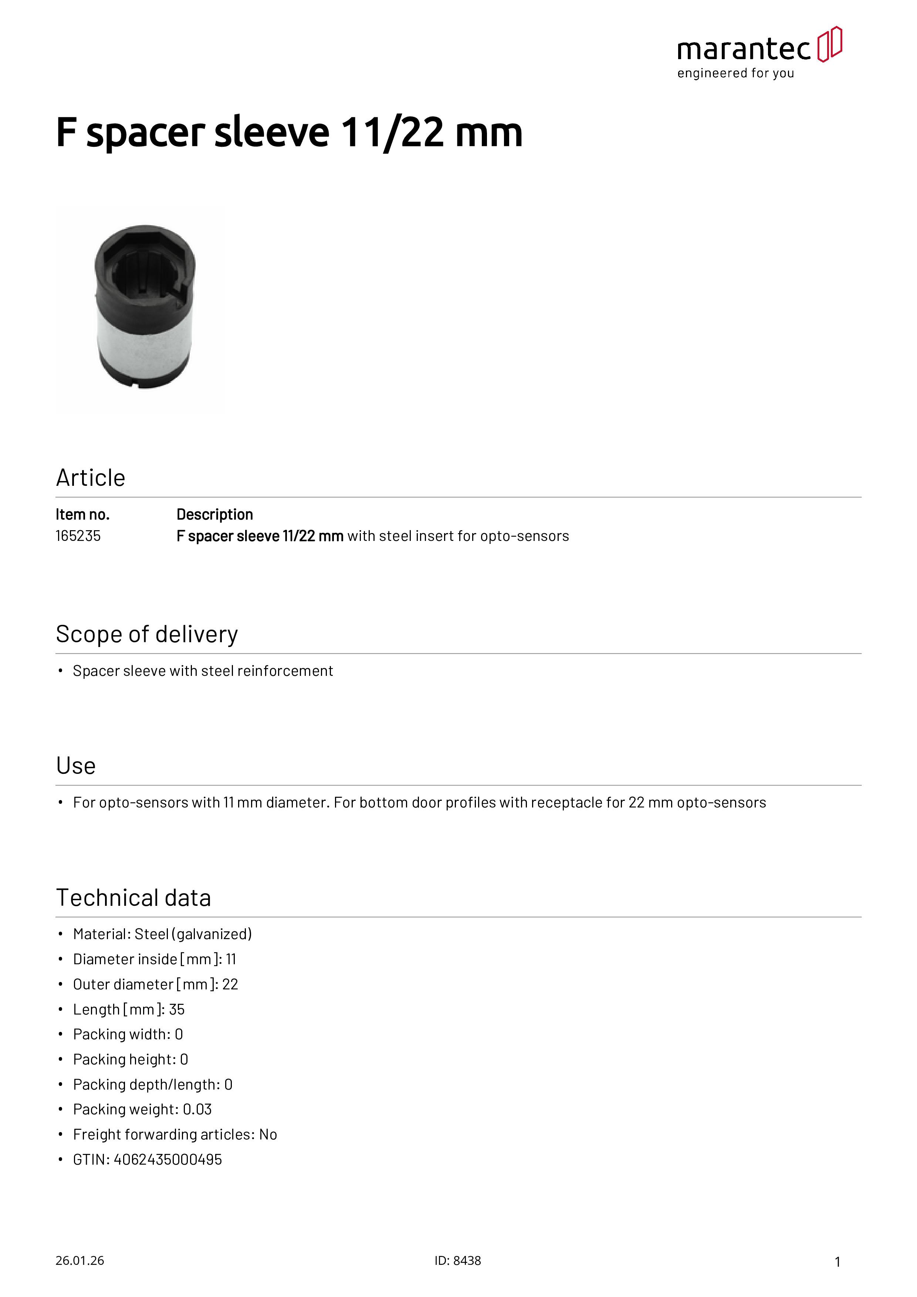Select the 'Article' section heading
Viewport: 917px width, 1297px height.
pyautogui.click(x=90, y=478)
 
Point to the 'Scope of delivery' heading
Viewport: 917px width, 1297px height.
pyautogui.click(x=147, y=634)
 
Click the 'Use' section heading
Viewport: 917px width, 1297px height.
pyautogui.click(x=76, y=766)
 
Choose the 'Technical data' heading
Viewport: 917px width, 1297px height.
pyautogui.click(x=133, y=898)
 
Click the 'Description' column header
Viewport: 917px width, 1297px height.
pyautogui.click(x=215, y=515)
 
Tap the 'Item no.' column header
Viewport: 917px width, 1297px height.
pyautogui.click(x=82, y=515)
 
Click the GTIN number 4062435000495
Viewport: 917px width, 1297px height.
pyautogui.click(x=168, y=1160)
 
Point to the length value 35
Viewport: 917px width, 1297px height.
pyautogui.click(x=177, y=1009)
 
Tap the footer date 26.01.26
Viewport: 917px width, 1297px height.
pyautogui.click(x=79, y=1261)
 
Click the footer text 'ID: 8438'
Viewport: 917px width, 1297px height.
pyautogui.click(x=458, y=1261)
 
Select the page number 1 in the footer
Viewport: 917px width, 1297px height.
pyautogui.click(x=838, y=1262)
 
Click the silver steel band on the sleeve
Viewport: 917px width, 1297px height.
pyautogui.click(x=144, y=342)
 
